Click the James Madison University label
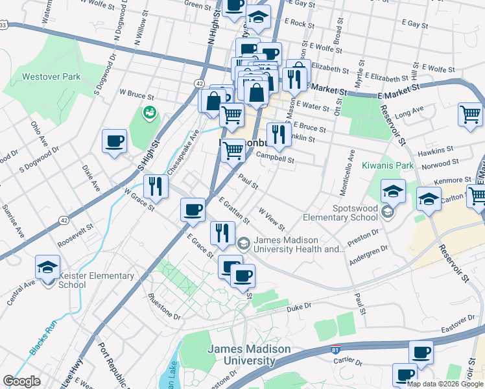249,355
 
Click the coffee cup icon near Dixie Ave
115,141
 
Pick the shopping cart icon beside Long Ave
470,114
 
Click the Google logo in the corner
21,381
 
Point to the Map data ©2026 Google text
445,383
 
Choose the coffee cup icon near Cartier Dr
421,353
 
